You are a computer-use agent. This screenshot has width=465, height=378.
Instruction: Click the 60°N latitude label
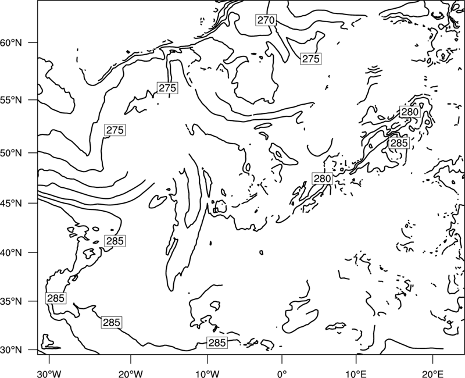11,43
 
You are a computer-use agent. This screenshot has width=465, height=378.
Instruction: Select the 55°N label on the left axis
11,100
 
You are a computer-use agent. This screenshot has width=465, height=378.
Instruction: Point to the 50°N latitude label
11,154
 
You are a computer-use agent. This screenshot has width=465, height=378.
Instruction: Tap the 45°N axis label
11,204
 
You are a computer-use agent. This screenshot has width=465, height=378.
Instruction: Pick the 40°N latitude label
11,253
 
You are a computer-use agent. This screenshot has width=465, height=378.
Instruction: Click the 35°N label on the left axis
11,301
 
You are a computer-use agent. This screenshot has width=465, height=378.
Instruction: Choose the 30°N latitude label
11,350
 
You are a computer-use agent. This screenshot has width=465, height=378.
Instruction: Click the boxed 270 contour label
266,20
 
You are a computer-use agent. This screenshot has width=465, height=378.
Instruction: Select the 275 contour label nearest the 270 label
310,59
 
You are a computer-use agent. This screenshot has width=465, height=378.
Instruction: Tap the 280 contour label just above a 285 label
410,112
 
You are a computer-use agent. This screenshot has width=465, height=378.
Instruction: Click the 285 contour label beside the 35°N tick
56,298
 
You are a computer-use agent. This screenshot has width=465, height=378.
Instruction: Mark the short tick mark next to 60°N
33,42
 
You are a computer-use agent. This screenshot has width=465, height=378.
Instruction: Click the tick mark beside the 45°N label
33,203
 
